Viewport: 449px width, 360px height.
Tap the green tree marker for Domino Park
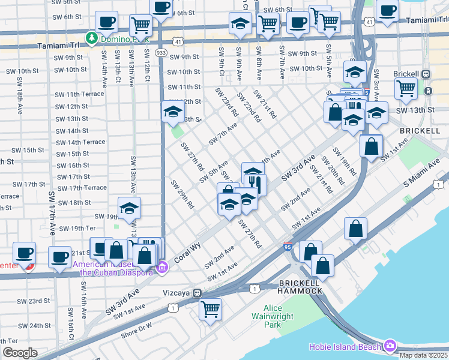91,38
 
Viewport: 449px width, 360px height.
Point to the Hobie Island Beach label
345,347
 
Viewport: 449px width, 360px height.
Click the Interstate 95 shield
288,246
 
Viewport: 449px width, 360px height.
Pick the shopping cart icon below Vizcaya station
211,310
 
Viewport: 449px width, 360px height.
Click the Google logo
20,353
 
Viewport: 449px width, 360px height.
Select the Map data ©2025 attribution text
423,355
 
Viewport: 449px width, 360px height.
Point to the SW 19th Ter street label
82,229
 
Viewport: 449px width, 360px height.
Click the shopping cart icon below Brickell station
406,89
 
